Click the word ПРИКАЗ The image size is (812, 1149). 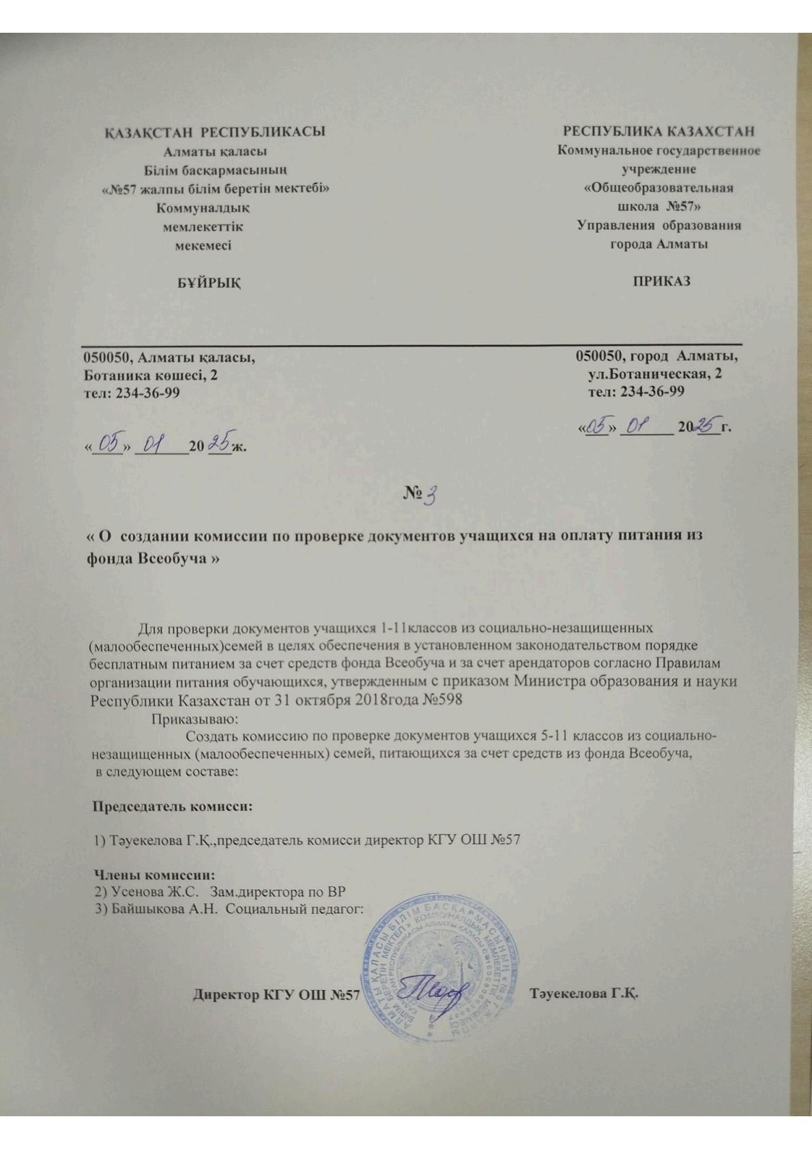point(661,280)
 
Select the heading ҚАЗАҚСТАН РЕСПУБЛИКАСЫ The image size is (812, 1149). point(214,132)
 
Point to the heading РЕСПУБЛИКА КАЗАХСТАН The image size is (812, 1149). point(658,131)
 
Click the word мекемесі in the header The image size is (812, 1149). point(203,245)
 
